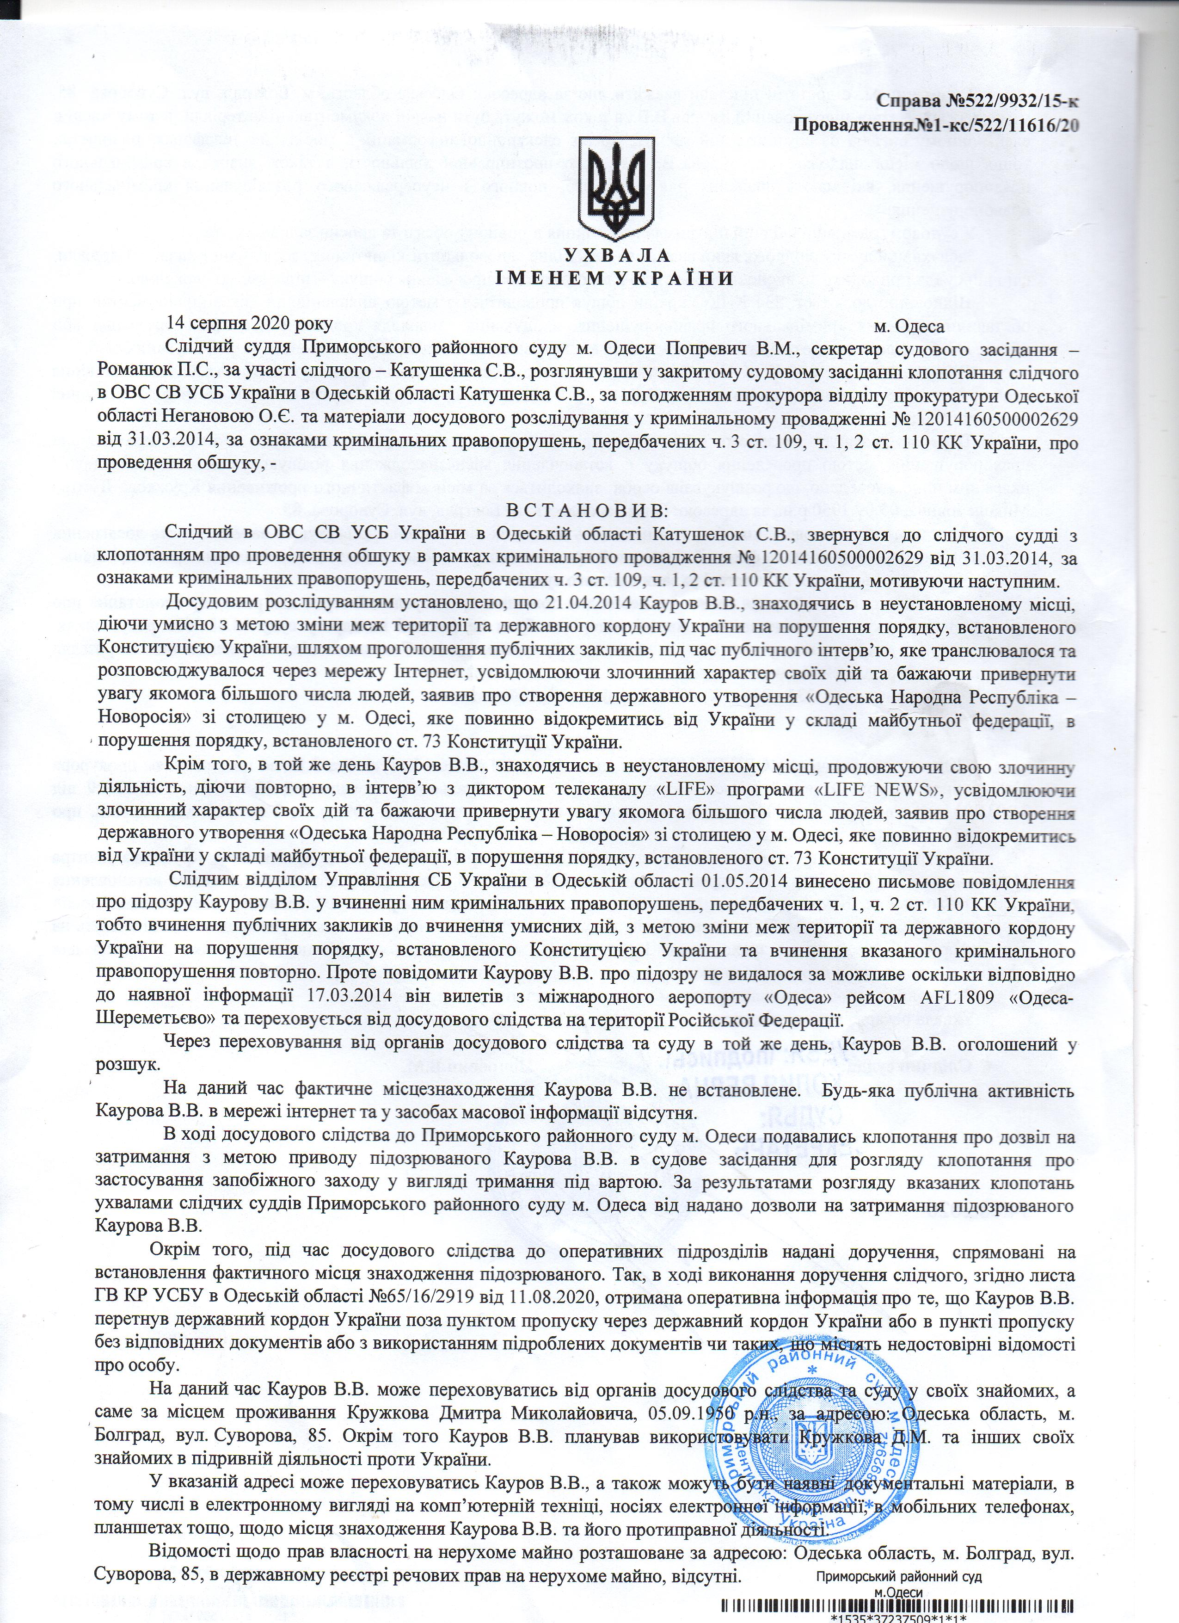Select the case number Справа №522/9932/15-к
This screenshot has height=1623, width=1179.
click(978, 101)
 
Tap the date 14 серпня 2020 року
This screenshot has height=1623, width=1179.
click(250, 323)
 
